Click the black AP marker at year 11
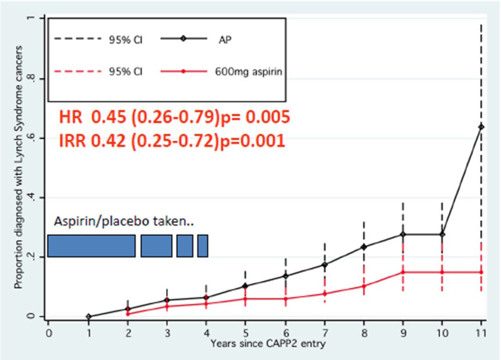point(481,127)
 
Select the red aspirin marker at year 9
point(403,272)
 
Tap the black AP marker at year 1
point(88,317)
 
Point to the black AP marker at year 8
point(364,247)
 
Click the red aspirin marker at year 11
point(481,272)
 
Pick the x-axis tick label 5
point(245,333)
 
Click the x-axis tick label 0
point(49,333)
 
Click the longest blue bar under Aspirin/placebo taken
point(92,246)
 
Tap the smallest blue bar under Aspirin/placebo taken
point(202,246)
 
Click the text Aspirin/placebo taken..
point(124,222)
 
